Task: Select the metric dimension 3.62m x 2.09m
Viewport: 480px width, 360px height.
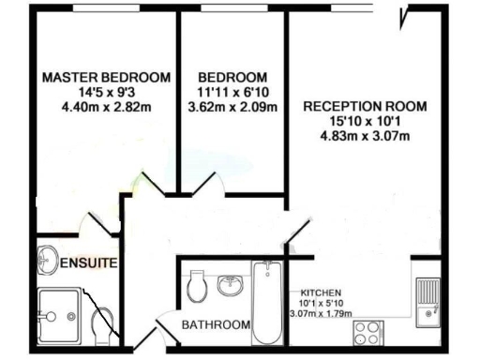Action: click(x=232, y=107)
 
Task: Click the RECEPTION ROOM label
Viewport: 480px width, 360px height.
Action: click(x=365, y=107)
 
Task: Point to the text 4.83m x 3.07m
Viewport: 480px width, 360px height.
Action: click(x=365, y=137)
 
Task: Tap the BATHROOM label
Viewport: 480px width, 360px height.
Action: click(x=217, y=325)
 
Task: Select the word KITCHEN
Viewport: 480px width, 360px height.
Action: click(x=320, y=292)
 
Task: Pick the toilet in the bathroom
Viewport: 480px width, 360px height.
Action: click(x=197, y=285)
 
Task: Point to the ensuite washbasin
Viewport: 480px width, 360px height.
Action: click(x=48, y=258)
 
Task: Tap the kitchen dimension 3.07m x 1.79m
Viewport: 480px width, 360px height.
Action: click(x=320, y=313)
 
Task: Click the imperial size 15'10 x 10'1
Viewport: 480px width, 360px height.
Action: click(x=365, y=122)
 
